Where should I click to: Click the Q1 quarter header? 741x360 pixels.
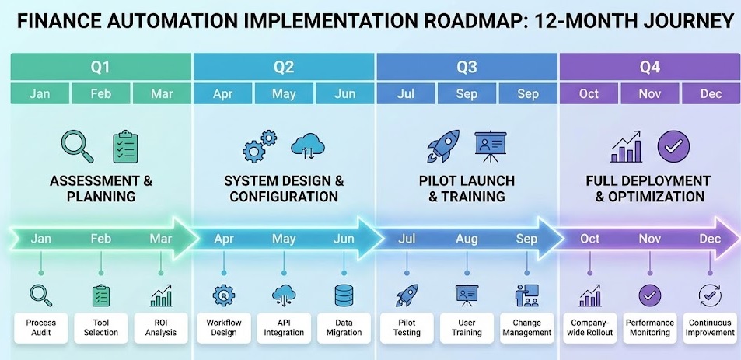[x=101, y=67]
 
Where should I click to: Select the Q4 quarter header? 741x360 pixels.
[x=649, y=67]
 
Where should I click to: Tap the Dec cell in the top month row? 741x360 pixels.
[x=711, y=94]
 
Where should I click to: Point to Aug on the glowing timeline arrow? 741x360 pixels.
[x=467, y=239]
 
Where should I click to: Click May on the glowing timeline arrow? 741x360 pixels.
[x=284, y=239]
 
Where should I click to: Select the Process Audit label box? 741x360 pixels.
[x=40, y=327]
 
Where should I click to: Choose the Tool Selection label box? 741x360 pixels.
[x=101, y=327]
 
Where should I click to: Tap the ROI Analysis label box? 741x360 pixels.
[x=161, y=327]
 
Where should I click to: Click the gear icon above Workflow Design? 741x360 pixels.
[x=223, y=295]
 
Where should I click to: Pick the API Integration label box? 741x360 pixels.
[x=284, y=327]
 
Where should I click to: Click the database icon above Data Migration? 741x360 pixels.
[x=344, y=295]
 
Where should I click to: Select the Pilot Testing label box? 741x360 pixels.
[x=406, y=327]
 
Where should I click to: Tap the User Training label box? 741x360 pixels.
[x=467, y=327]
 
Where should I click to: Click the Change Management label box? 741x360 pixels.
[x=527, y=327]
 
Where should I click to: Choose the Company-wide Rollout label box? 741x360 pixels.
[x=589, y=327]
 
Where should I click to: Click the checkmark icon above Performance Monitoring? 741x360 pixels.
[x=649, y=295]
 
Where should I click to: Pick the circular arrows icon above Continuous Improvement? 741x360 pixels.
[x=710, y=295]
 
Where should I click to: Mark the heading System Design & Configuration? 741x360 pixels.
[x=284, y=188]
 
